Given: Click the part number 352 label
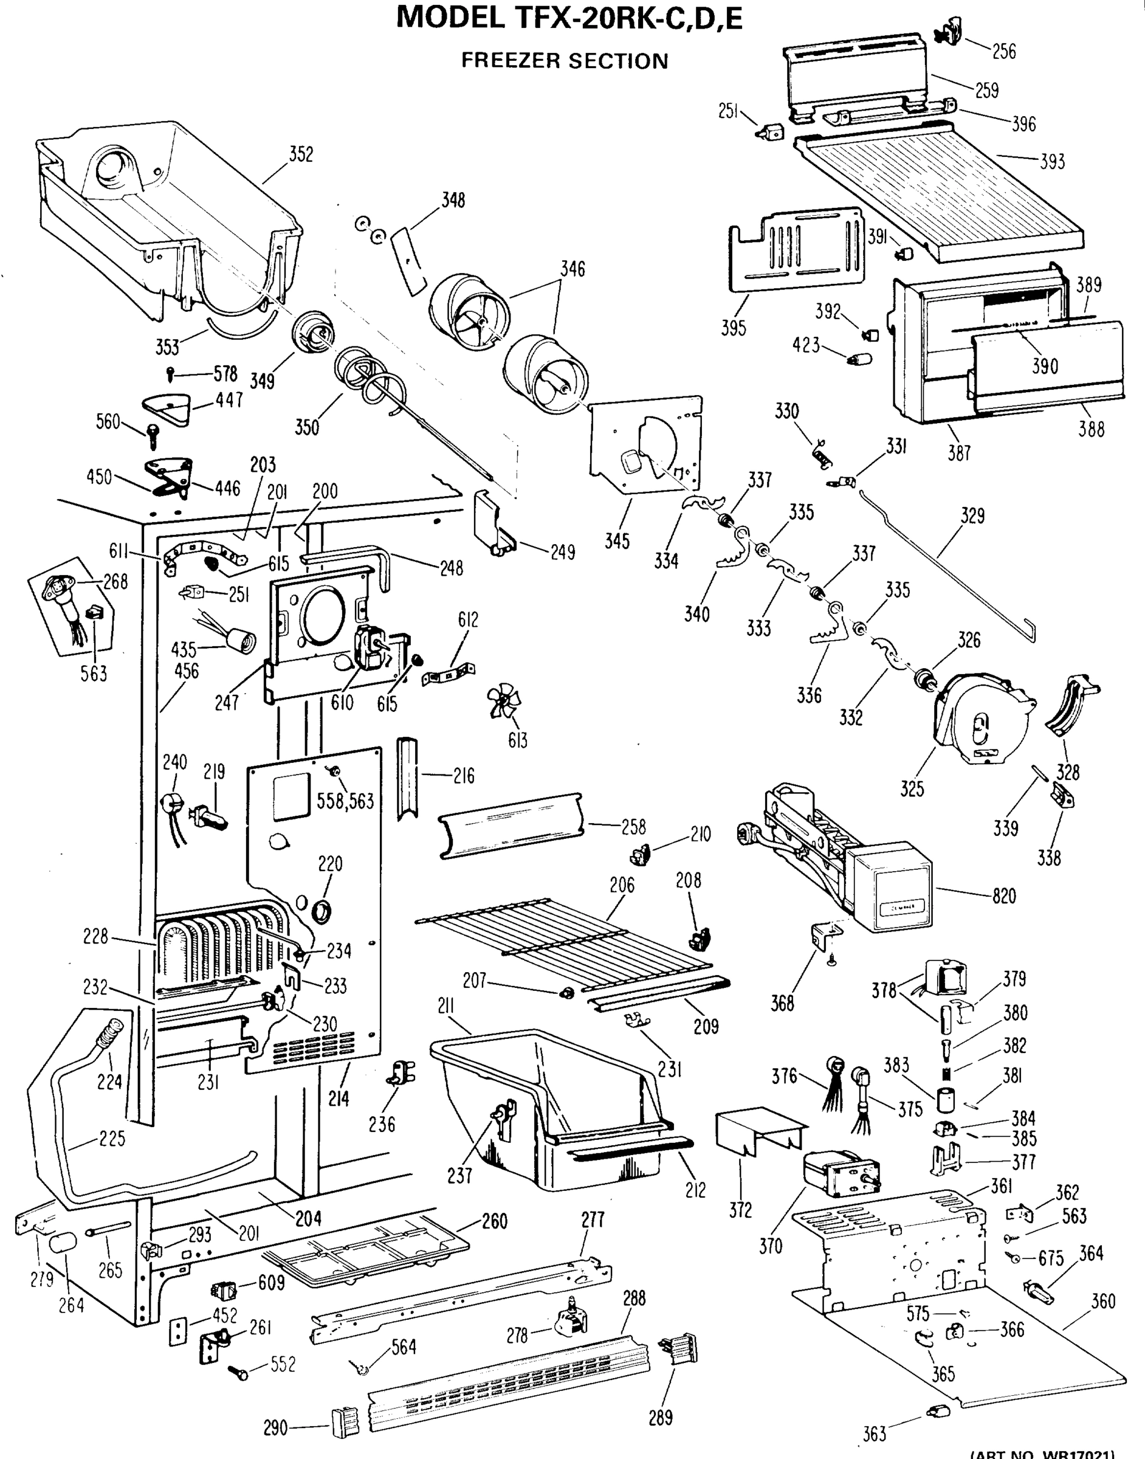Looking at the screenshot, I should [x=301, y=155].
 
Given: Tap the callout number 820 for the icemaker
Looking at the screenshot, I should [x=1003, y=896].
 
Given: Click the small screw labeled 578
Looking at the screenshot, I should [x=170, y=373].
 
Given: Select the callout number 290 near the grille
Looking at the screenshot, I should [x=275, y=1428].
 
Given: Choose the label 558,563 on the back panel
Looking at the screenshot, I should [x=345, y=801].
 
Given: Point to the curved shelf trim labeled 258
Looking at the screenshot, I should [x=509, y=825].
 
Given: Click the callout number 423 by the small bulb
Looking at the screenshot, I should [x=806, y=345].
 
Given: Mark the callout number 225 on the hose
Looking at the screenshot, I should [x=111, y=1139].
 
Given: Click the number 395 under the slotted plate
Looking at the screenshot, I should [x=734, y=328].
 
